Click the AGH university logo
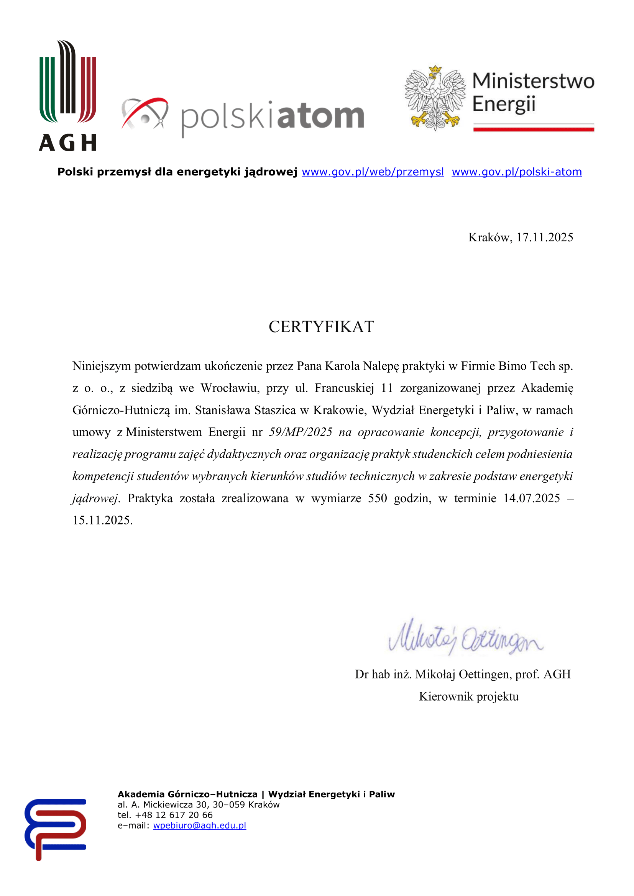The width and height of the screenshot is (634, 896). [67, 96]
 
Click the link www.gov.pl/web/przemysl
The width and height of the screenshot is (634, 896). [373, 172]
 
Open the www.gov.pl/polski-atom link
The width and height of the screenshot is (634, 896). [516, 172]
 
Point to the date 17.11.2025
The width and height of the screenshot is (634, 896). [545, 237]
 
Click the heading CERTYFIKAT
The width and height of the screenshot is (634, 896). [321, 327]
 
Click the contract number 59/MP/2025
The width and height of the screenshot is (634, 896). [301, 432]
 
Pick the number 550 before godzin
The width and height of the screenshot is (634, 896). [377, 498]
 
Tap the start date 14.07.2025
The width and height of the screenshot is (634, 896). [532, 498]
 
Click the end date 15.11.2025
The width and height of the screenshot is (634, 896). [102, 520]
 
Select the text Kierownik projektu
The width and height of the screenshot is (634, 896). [468, 696]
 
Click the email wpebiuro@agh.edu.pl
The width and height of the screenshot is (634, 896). [199, 826]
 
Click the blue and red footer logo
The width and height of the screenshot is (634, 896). [56, 829]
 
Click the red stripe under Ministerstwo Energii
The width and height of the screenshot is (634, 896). [533, 129]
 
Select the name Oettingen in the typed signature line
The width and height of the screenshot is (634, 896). [485, 674]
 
